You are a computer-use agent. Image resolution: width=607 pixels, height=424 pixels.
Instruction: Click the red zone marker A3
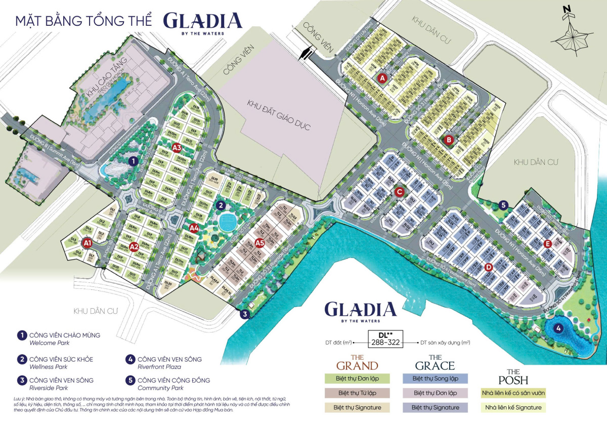click(x=177, y=148)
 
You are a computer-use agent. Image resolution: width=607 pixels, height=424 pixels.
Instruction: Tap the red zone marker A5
click(x=260, y=242)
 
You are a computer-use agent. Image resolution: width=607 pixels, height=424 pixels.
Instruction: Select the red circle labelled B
click(x=448, y=140)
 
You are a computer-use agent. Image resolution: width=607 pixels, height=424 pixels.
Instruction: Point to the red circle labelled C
click(x=399, y=192)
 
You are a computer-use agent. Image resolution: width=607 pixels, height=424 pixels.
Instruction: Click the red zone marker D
click(x=488, y=267)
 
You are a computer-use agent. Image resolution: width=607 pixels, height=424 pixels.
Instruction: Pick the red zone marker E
click(x=547, y=243)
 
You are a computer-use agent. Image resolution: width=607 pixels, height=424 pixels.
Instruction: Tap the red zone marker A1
click(x=87, y=243)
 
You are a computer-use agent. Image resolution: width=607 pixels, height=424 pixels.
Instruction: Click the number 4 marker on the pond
click(x=558, y=328)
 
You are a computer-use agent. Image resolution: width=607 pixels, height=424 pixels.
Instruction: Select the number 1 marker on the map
click(x=133, y=161)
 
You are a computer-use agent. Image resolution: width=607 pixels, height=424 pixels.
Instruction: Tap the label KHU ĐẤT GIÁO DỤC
click(x=278, y=115)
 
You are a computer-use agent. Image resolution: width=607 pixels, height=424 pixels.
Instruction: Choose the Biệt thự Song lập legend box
click(x=436, y=378)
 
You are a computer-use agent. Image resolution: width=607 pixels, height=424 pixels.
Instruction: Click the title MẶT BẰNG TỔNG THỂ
click(x=83, y=22)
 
